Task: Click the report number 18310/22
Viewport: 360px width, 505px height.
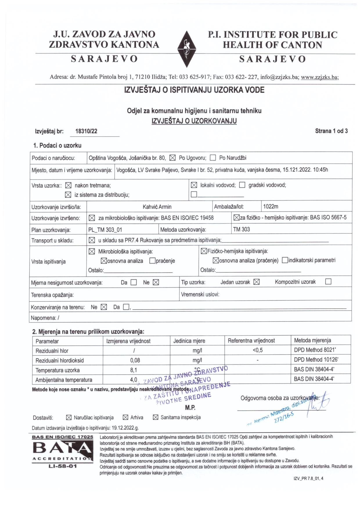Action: click(86, 131)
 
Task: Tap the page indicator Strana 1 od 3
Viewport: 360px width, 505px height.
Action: click(331, 131)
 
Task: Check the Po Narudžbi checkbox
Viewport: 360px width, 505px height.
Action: click(213, 158)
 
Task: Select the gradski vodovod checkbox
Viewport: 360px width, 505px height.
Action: click(242, 185)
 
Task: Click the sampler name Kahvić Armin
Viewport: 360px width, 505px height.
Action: click(157, 207)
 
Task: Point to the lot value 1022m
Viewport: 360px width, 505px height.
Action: click(271, 207)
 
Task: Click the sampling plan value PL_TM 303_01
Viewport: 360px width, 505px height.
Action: click(105, 230)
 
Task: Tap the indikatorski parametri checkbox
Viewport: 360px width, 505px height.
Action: click(285, 260)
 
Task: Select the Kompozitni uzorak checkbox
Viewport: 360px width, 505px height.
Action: click(328, 282)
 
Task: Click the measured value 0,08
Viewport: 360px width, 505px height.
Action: click(135, 360)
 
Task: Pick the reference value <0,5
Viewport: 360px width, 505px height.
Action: click(258, 350)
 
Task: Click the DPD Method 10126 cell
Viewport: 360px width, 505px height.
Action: click(316, 360)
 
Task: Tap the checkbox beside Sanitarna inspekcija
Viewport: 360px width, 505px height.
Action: click(156, 418)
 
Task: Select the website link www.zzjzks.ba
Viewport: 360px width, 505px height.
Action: click(320, 77)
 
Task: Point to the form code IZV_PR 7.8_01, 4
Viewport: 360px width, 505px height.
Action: click(308, 479)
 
